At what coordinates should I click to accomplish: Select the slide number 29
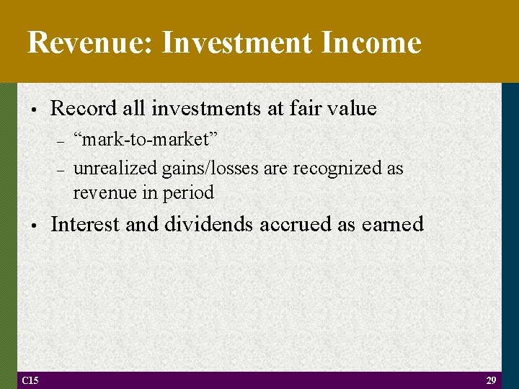tap(492, 380)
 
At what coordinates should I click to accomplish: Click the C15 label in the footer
tap(30, 380)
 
